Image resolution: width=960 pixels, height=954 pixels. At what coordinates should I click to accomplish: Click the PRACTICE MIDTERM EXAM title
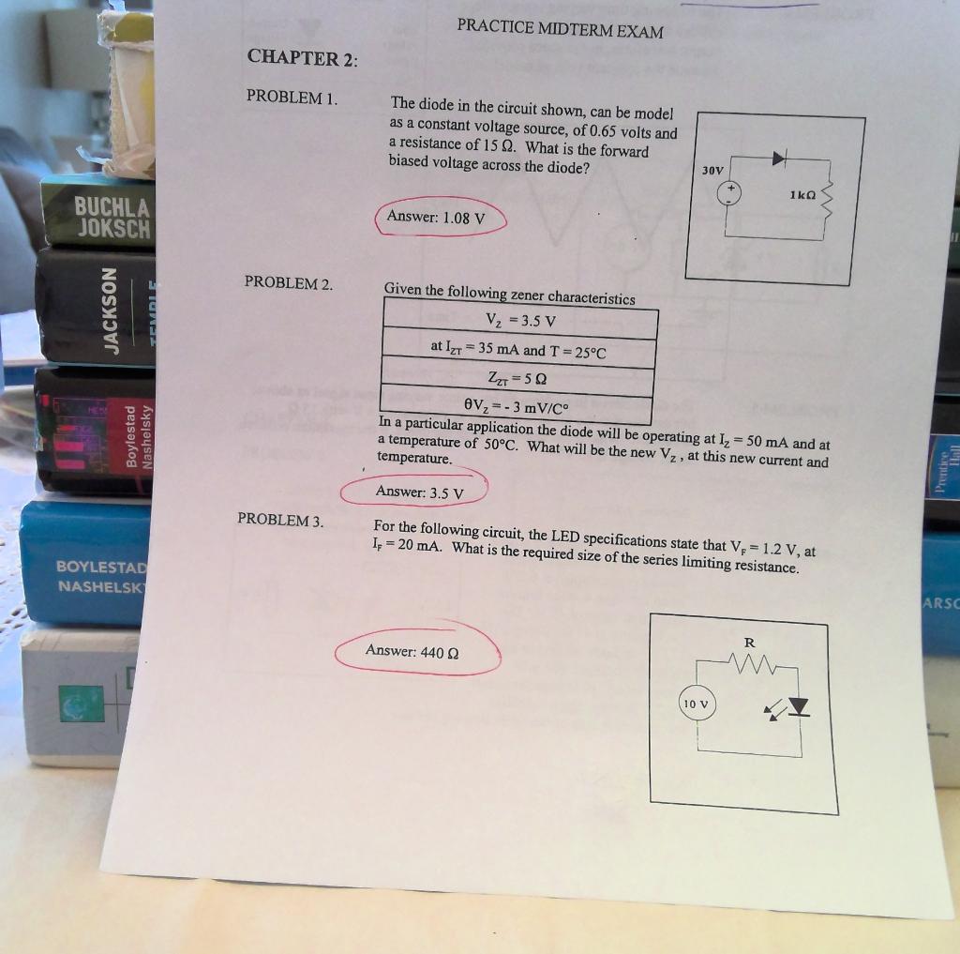click(x=560, y=30)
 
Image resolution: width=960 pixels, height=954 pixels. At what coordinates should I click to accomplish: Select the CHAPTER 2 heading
click(x=302, y=58)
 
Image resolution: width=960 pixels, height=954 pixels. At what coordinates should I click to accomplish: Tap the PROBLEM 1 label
click(x=291, y=98)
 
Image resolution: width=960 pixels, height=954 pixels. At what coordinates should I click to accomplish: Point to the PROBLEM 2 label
click(x=288, y=282)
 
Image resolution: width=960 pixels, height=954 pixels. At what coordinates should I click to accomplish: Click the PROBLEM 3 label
click(x=280, y=520)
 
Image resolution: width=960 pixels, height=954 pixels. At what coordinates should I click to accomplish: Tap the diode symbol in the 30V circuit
click(x=778, y=159)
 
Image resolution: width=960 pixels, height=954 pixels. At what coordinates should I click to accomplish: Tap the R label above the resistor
click(x=748, y=644)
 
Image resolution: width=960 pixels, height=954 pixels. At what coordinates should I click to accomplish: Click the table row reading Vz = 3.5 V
click(x=520, y=320)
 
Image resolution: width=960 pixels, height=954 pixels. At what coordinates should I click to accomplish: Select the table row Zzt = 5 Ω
click(x=517, y=378)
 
